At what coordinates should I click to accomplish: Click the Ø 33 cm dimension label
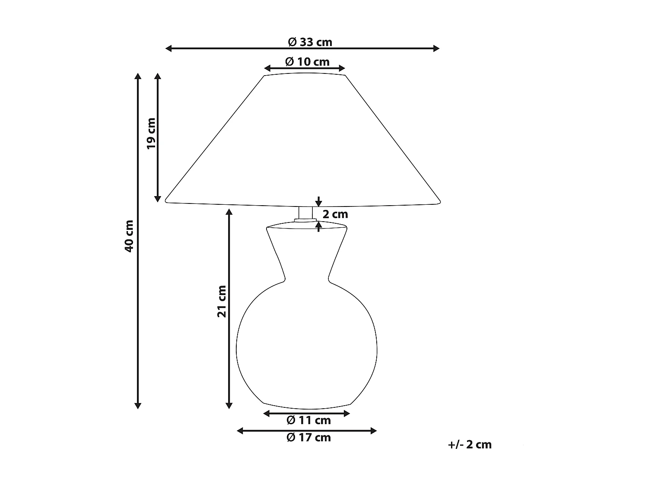click(x=310, y=42)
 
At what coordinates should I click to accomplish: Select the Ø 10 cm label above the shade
click(x=307, y=62)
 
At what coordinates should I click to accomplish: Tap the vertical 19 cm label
click(x=151, y=133)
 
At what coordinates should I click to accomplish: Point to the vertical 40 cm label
click(x=129, y=236)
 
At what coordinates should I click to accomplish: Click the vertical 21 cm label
click(x=222, y=301)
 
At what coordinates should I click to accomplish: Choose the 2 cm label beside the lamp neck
click(x=335, y=214)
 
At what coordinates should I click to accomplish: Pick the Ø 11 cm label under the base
click(x=308, y=420)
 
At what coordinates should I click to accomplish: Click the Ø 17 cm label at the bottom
click(x=308, y=438)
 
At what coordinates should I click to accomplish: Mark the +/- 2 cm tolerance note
click(x=470, y=445)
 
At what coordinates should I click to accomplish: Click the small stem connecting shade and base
click(x=305, y=213)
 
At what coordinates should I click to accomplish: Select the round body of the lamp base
click(x=307, y=346)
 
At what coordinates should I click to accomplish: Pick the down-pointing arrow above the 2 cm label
click(x=319, y=202)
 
